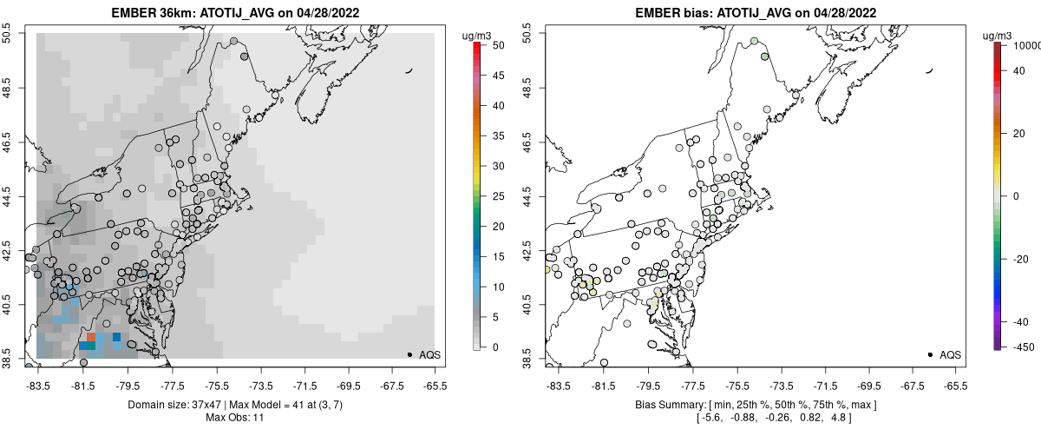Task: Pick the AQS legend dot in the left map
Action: click(x=409, y=354)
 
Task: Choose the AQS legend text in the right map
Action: click(x=950, y=354)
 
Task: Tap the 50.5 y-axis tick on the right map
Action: click(x=527, y=33)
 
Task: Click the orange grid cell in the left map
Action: click(x=90, y=336)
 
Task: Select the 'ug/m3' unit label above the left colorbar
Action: click(x=478, y=36)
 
